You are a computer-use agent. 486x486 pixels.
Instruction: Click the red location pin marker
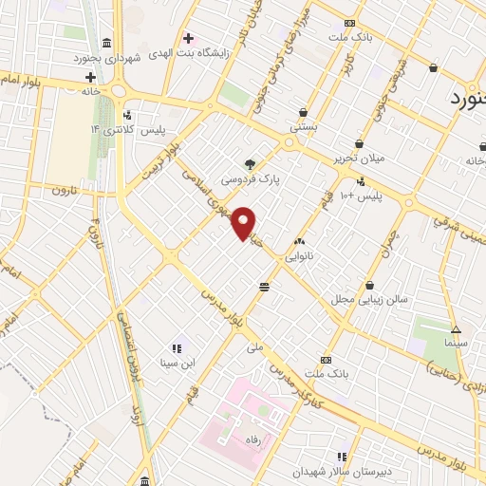coord(244,222)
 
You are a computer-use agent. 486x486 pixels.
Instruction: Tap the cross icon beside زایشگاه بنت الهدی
coord(188,39)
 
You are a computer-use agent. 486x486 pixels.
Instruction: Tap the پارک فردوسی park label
coord(250,178)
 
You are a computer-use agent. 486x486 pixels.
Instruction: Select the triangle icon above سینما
coord(456,329)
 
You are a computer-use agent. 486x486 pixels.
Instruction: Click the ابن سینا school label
coord(177,363)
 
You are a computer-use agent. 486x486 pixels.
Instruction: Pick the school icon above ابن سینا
coord(177,348)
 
